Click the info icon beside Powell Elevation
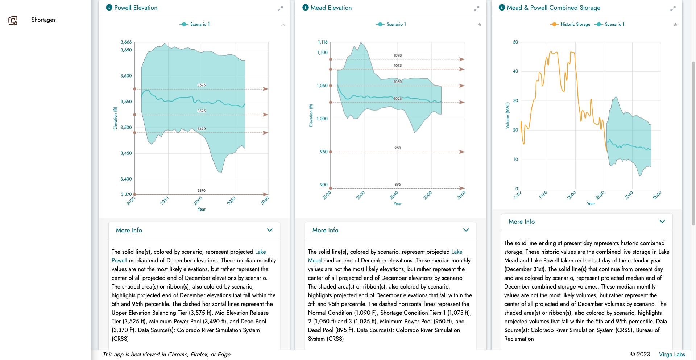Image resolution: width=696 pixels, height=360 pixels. click(x=109, y=8)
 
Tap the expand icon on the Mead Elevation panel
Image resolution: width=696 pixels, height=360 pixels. click(x=476, y=9)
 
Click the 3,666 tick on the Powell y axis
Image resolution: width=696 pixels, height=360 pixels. click(x=126, y=42)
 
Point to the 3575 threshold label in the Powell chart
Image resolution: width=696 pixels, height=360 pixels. click(x=202, y=85)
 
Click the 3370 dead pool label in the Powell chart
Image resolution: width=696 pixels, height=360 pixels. click(x=202, y=190)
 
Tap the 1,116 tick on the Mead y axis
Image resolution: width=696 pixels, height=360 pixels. click(x=323, y=42)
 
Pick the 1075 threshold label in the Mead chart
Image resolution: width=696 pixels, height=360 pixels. click(x=398, y=66)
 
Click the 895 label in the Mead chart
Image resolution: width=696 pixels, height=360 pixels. click(x=398, y=185)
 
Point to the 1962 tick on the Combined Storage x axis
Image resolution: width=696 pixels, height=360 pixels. click(x=517, y=195)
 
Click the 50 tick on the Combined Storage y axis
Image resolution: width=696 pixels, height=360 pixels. click(x=515, y=42)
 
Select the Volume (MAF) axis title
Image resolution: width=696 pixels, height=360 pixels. click(x=507, y=115)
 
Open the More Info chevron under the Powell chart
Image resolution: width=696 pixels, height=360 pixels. click(x=270, y=230)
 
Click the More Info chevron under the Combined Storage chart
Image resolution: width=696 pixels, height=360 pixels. click(x=662, y=222)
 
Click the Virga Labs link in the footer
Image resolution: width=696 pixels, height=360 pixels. click(x=672, y=355)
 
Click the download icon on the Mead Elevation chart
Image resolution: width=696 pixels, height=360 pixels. click(x=479, y=25)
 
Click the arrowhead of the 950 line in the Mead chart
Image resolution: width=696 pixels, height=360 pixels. click(x=462, y=152)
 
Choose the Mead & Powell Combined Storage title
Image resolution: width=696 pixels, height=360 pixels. click(x=554, y=8)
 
